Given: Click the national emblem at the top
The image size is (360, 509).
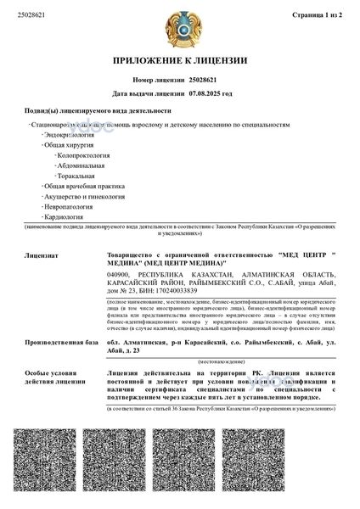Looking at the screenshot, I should click(x=179, y=25).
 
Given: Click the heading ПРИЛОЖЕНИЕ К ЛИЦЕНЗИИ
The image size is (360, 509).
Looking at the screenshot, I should click(x=179, y=61).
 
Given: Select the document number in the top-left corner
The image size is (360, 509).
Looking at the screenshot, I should click(x=31, y=15).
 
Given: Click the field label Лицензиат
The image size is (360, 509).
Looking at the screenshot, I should click(x=42, y=254).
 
